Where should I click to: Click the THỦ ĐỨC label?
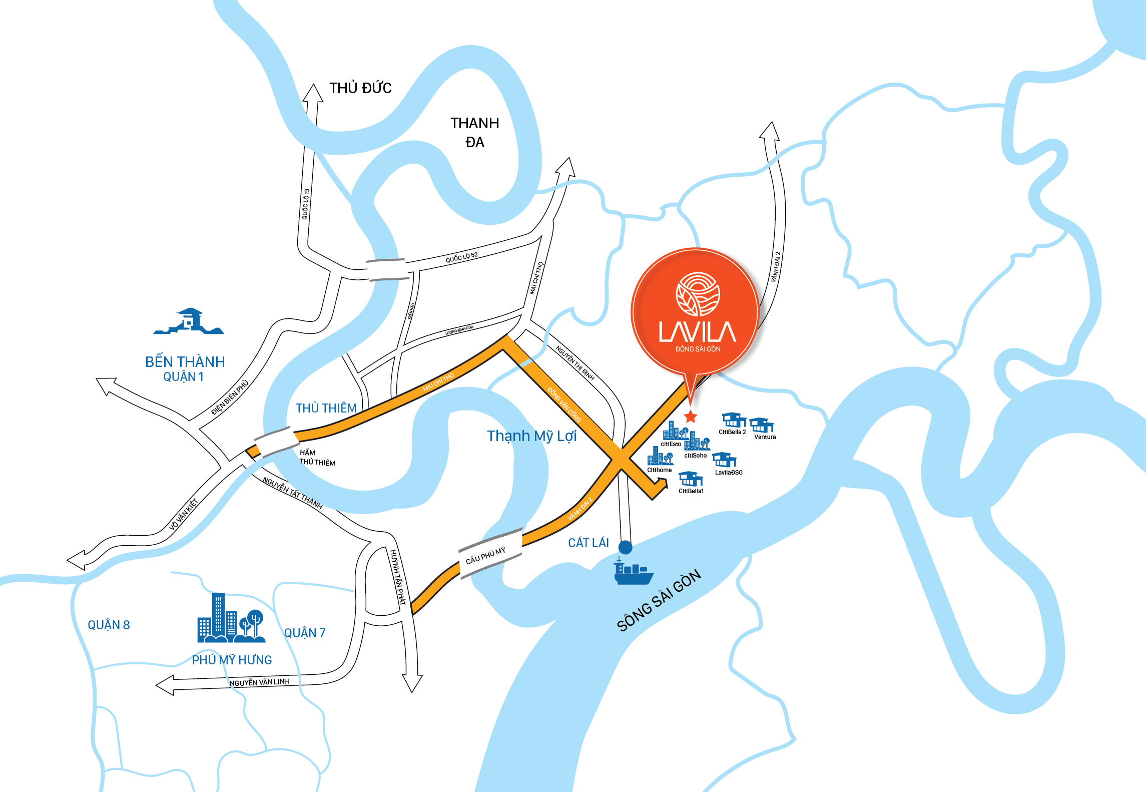tap(360, 88)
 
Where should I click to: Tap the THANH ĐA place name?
tap(474, 133)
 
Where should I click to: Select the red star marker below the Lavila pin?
tap(691, 416)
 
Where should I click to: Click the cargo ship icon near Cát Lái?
tap(633, 572)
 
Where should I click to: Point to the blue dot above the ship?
tap(625, 547)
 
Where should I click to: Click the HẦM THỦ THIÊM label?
tap(317, 458)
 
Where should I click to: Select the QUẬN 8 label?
tap(109, 625)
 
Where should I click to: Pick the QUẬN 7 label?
tap(305, 633)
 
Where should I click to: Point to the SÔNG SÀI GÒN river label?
tap(659, 601)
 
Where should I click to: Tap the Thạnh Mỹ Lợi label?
tap(532, 436)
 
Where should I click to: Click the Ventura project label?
tap(765, 437)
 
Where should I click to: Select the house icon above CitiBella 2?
tap(734, 420)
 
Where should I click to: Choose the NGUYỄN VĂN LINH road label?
tap(259, 682)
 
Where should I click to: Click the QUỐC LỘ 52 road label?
tap(461, 257)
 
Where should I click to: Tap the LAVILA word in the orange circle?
tap(698, 332)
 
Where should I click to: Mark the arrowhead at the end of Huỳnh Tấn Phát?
tap(412, 684)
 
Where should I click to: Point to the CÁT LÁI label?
tap(588, 543)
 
